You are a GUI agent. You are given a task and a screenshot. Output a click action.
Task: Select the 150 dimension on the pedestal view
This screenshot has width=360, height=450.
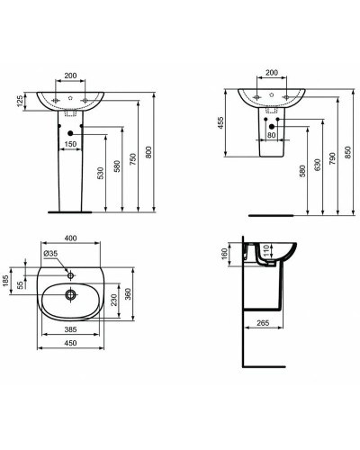[69, 142]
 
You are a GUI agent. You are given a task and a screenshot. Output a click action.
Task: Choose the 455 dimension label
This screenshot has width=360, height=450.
[220, 126]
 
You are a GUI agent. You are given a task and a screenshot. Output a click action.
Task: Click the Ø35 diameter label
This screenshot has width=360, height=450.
[50, 255]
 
